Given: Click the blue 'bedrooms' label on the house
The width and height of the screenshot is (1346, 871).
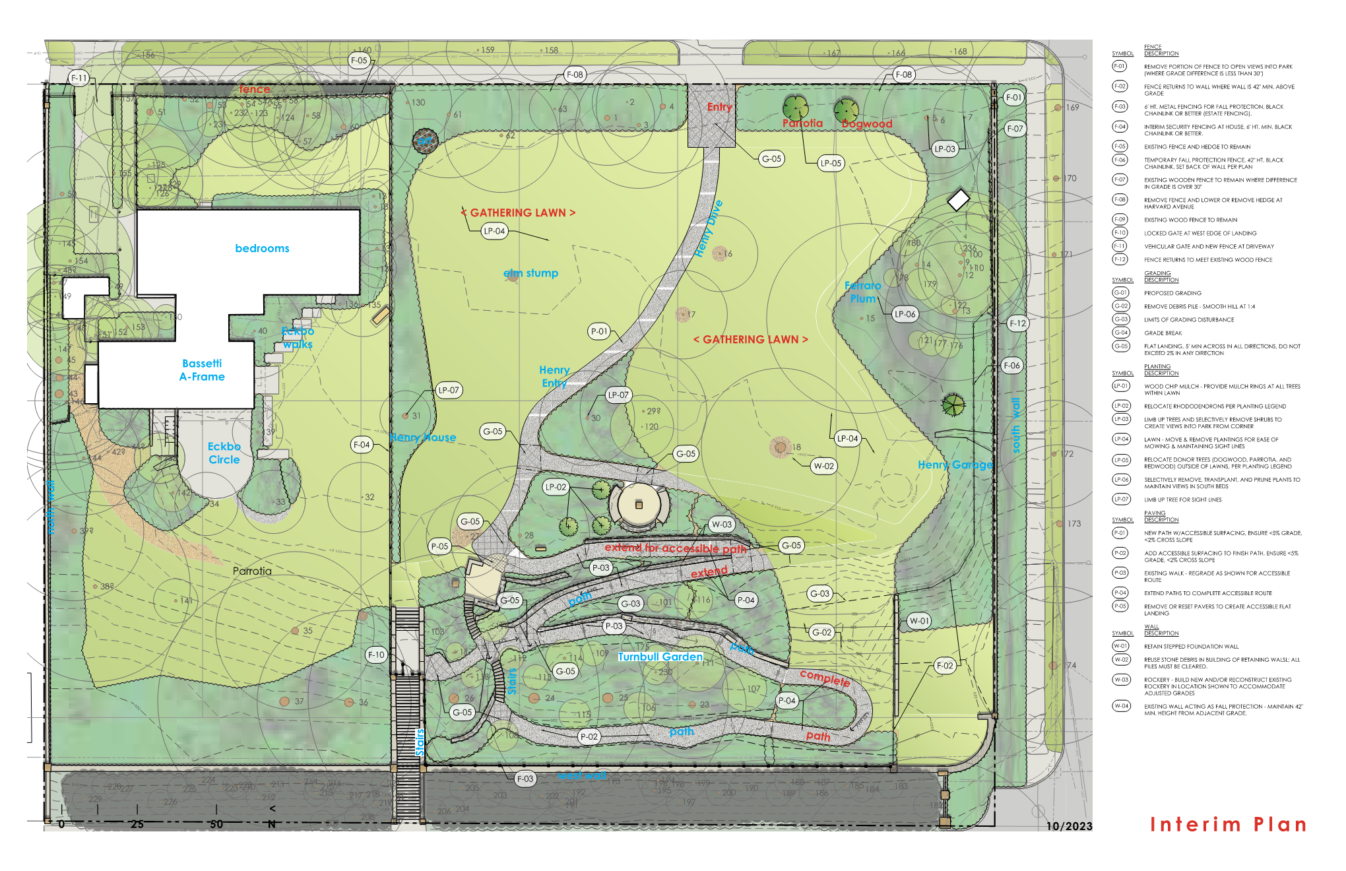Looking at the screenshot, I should (x=262, y=248).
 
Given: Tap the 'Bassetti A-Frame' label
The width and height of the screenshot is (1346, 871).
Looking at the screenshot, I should (x=202, y=370).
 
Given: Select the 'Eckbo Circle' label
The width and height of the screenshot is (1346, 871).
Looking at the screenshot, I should (x=224, y=453).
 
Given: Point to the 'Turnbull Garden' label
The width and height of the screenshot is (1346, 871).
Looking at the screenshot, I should (x=660, y=657).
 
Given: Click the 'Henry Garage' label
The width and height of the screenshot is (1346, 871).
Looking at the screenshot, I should (x=955, y=465).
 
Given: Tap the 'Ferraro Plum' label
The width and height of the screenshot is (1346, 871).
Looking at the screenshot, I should (x=863, y=292).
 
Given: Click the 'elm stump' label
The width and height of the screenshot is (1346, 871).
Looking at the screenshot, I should (x=530, y=273).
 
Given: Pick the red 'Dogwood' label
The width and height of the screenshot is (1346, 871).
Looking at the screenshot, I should (x=867, y=124).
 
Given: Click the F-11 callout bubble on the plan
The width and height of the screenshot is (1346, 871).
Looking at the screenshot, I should (x=79, y=78).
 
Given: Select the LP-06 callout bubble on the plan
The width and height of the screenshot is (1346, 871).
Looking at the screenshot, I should (x=905, y=314).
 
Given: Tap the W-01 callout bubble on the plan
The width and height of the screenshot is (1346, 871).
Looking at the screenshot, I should (x=919, y=620).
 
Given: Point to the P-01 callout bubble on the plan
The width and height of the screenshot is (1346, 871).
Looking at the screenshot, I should (x=599, y=331).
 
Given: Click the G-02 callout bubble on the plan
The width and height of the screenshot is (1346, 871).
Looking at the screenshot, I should (x=821, y=632).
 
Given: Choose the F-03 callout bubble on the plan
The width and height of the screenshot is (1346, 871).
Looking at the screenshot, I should (x=525, y=779).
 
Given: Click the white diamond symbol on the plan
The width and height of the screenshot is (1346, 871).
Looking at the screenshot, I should (x=958, y=199).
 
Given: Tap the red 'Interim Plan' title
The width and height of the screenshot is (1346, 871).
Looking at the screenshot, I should (x=1227, y=824).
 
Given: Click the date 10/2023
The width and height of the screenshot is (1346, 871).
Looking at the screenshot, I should (x=1069, y=826).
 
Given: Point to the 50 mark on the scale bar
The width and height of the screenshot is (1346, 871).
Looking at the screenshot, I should (x=216, y=824).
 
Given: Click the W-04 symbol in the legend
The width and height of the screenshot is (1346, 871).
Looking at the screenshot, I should (x=1120, y=706).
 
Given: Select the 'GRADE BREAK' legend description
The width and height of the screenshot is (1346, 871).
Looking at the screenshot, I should (x=1163, y=333).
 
